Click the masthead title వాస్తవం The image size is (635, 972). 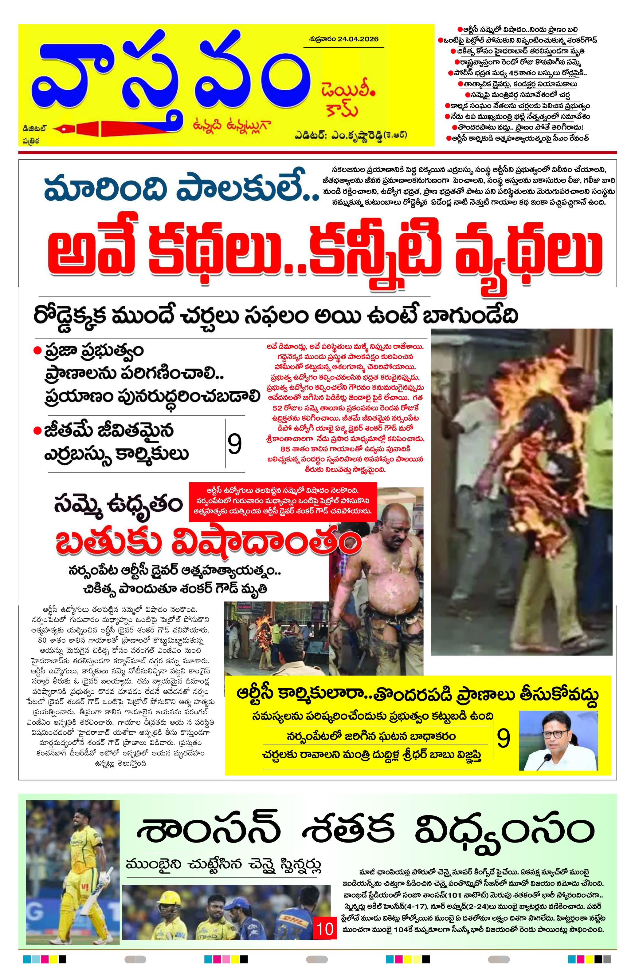pyautogui.click(x=171, y=77)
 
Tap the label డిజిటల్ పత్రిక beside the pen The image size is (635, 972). pyautogui.click(x=34, y=134)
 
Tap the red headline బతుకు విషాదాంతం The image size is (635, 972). pyautogui.click(x=208, y=541)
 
